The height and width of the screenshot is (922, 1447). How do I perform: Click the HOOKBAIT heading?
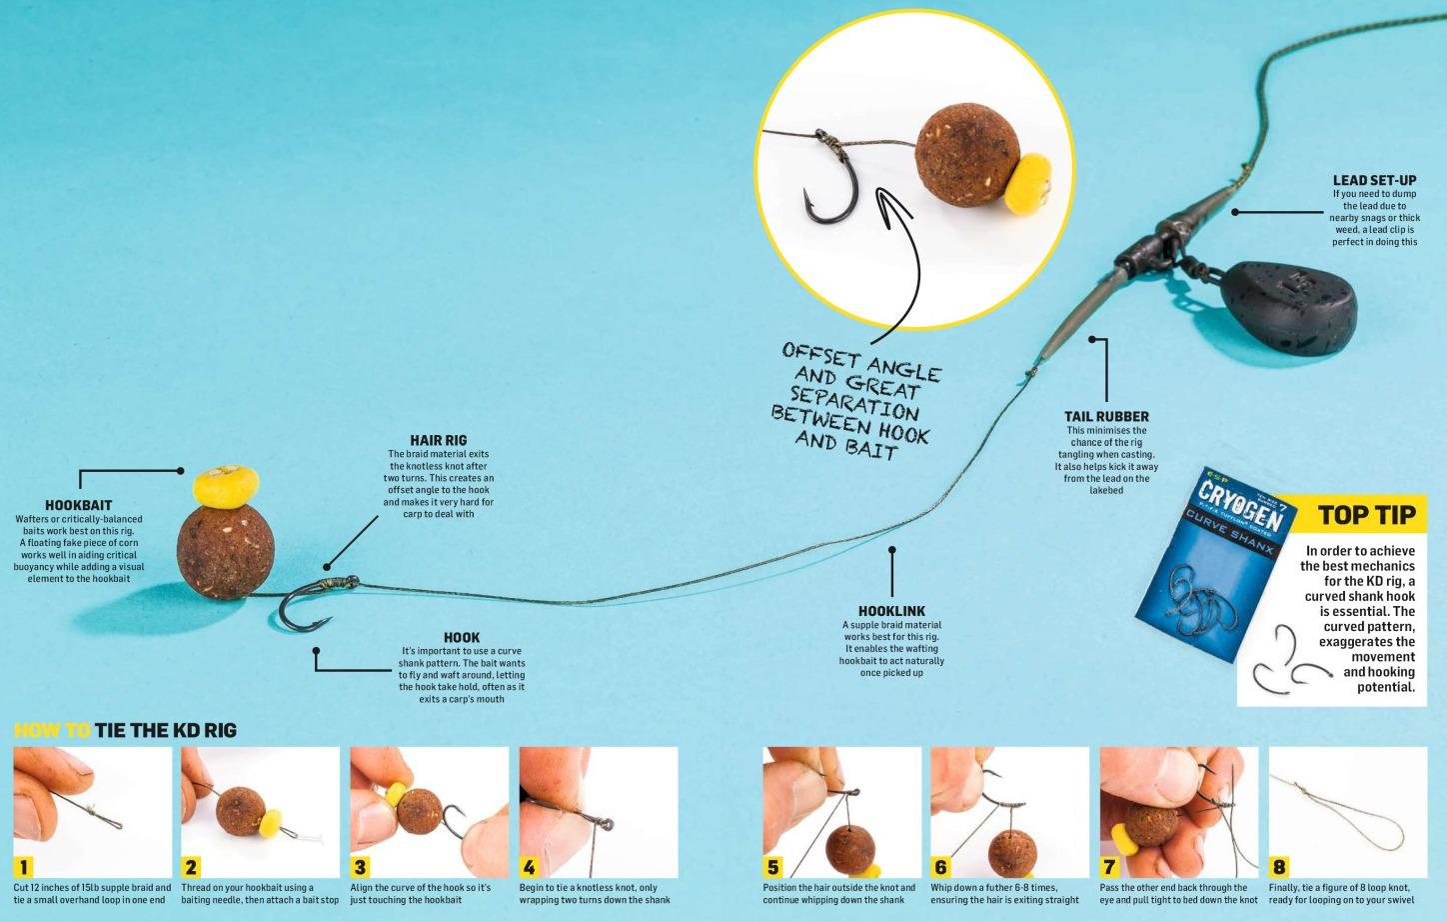[x=78, y=505]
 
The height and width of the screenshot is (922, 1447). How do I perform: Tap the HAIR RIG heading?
[x=438, y=440]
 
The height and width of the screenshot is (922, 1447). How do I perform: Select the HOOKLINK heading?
[x=891, y=611]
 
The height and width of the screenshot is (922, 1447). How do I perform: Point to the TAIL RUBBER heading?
[x=1106, y=416]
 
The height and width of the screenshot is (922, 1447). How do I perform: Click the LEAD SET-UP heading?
[x=1375, y=180]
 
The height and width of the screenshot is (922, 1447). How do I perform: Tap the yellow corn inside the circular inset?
[x=1028, y=184]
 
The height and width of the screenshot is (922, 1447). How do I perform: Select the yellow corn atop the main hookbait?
[x=226, y=485]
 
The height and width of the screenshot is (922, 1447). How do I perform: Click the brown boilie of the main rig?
[x=226, y=552]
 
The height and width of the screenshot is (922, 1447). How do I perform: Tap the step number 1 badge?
[x=24, y=866]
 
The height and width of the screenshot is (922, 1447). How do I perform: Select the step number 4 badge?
[x=530, y=866]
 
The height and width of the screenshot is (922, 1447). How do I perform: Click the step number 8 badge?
[x=1279, y=866]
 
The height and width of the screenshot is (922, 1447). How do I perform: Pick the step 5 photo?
[x=841, y=812]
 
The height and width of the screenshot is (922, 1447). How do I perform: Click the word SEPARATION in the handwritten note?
[x=854, y=403]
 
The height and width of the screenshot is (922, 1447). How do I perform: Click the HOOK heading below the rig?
[x=462, y=638]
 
